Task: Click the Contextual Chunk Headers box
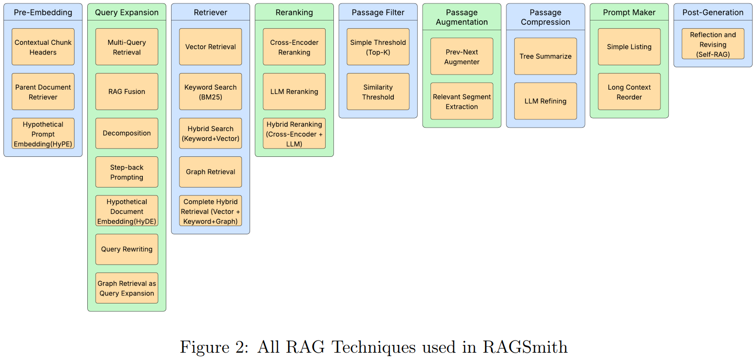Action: pyautogui.click(x=43, y=47)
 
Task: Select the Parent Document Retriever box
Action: pyautogui.click(x=43, y=92)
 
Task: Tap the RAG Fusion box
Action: pyautogui.click(x=127, y=92)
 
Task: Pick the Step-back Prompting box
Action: pyautogui.click(x=127, y=172)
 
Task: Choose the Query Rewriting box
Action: pyautogui.click(x=127, y=249)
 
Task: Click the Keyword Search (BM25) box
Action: pyautogui.click(x=211, y=92)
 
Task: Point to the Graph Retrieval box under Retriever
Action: pyautogui.click(x=211, y=172)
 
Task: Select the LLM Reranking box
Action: pyautogui.click(x=294, y=92)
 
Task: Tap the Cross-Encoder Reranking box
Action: pyautogui.click(x=294, y=47)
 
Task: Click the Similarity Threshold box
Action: pyautogui.click(x=378, y=92)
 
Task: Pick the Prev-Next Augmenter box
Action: pyautogui.click(x=462, y=57)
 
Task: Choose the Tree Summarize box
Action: pyautogui.click(x=545, y=57)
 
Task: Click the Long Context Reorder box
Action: pyautogui.click(x=629, y=92)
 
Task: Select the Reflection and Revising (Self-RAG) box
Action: pyautogui.click(x=713, y=44)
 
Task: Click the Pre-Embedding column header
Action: pyautogui.click(x=43, y=12)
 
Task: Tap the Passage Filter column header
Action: pyautogui.click(x=378, y=12)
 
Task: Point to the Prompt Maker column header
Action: pyautogui.click(x=629, y=12)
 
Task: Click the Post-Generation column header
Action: pyautogui.click(x=713, y=12)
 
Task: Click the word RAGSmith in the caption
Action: pyautogui.click(x=525, y=347)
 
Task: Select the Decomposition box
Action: pyautogui.click(x=127, y=133)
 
